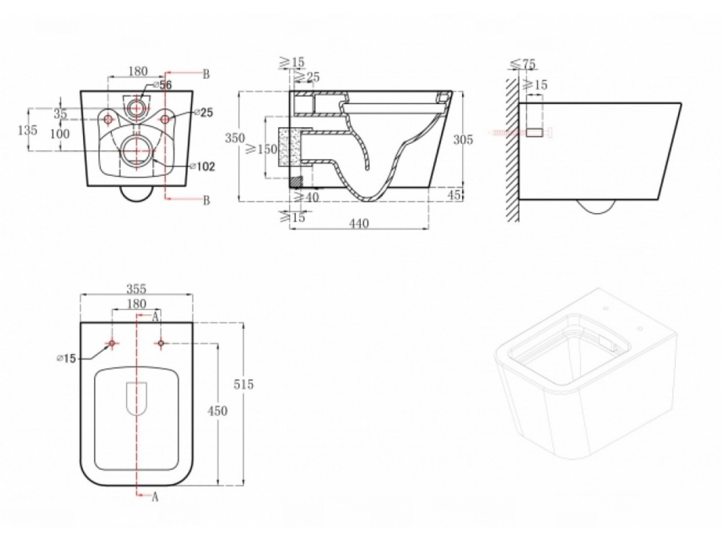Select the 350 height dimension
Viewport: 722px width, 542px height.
(235, 137)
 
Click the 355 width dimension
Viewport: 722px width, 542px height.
(137, 289)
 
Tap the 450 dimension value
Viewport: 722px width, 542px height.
(217, 411)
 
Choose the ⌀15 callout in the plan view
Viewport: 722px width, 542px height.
(66, 358)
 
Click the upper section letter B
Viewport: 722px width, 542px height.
(206, 75)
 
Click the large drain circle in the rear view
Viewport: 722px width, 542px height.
(137, 151)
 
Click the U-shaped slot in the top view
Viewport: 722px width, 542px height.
(137, 398)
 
